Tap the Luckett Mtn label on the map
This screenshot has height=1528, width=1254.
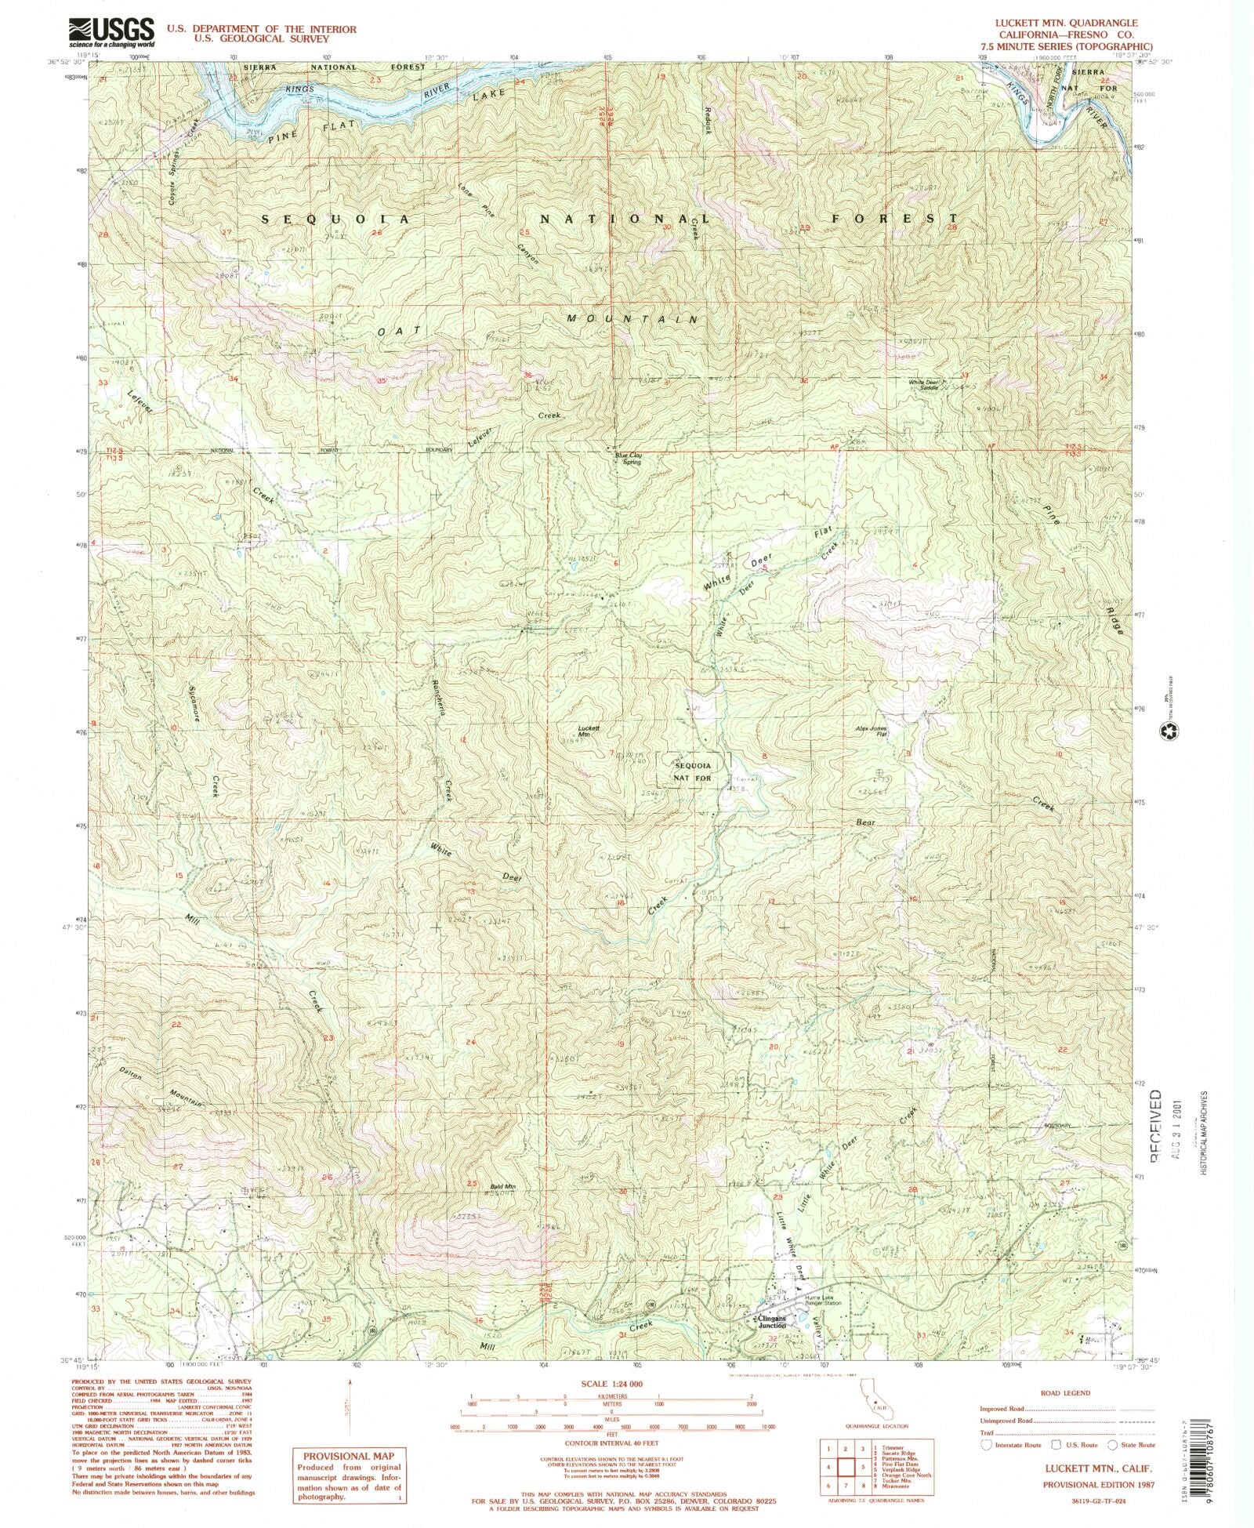click(x=589, y=731)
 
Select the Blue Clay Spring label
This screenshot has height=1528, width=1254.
click(x=629, y=459)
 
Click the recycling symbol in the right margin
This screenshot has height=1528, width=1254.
click(x=1170, y=731)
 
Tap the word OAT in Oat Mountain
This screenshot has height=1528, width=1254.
click(x=393, y=332)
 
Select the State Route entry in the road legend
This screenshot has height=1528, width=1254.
click(x=1133, y=1444)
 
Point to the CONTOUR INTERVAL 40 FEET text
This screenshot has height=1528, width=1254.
click(x=611, y=1443)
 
